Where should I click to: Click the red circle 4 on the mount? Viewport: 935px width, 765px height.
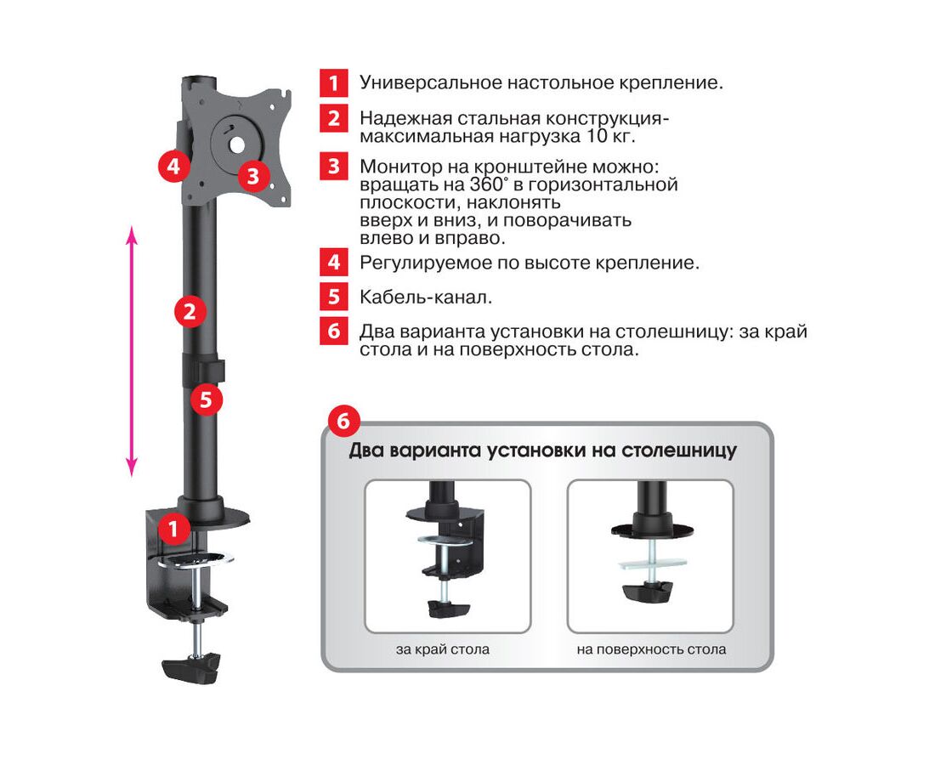click(173, 165)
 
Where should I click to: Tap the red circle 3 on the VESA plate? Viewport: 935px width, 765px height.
click(252, 176)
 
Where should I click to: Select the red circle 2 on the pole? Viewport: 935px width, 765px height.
click(190, 311)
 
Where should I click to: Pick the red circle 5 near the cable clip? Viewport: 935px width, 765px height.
click(206, 399)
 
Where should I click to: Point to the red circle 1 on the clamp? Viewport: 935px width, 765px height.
click(173, 529)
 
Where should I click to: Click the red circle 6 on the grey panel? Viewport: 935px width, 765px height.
click(343, 421)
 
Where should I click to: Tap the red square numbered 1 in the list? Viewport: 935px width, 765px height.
click(333, 82)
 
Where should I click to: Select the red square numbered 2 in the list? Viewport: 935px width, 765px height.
click(333, 118)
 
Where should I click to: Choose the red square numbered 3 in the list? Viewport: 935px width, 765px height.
click(333, 166)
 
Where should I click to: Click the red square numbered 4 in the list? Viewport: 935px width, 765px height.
click(333, 263)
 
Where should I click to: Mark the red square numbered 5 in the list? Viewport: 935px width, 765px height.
click(333, 297)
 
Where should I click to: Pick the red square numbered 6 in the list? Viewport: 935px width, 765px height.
click(333, 331)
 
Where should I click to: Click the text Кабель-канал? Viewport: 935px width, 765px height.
click(426, 297)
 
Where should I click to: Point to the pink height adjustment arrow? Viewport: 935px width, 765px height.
click(132, 352)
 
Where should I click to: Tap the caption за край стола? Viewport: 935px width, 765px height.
click(443, 649)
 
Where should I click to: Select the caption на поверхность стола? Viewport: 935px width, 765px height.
click(651, 649)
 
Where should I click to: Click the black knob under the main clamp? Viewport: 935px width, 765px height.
click(190, 670)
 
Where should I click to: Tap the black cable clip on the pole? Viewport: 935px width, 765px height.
click(203, 370)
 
